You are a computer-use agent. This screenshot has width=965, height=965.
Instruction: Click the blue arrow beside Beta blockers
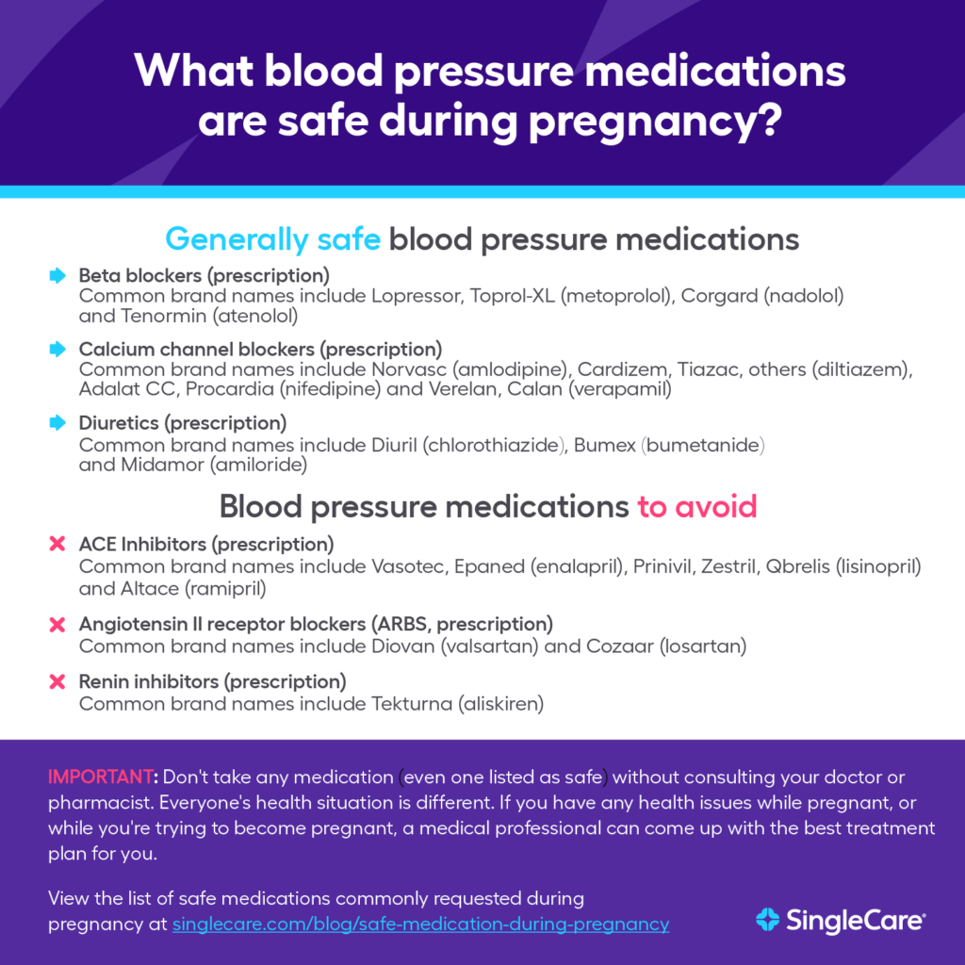[x=57, y=276]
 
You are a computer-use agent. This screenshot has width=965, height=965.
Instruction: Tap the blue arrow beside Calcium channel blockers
[x=57, y=350]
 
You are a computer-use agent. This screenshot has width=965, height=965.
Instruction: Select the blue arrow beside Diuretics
[x=57, y=423]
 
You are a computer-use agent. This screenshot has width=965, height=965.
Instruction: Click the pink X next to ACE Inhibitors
[x=57, y=545]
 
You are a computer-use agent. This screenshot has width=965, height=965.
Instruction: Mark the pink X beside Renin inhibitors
[x=57, y=681]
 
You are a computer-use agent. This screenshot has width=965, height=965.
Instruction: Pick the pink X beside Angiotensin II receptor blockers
[x=57, y=625]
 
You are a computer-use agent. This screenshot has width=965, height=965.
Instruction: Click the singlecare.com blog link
[x=420, y=924]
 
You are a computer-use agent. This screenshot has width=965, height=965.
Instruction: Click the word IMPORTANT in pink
[x=102, y=777]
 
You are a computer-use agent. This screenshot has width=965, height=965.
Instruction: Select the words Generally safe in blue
[x=272, y=239]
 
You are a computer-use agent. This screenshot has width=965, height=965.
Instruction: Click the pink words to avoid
[x=696, y=507]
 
